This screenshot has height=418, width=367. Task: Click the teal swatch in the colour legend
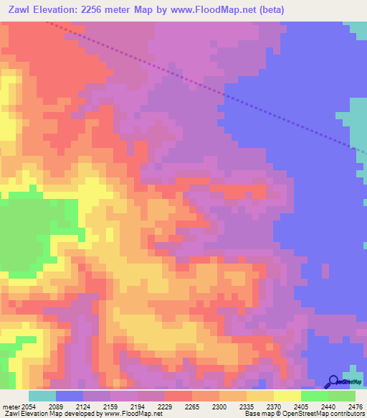42,396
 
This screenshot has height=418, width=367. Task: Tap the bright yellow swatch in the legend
287,396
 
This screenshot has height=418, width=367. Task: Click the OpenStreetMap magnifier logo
333,381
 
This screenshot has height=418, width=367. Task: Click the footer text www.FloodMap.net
132,414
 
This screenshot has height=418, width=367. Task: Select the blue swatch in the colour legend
70,396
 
